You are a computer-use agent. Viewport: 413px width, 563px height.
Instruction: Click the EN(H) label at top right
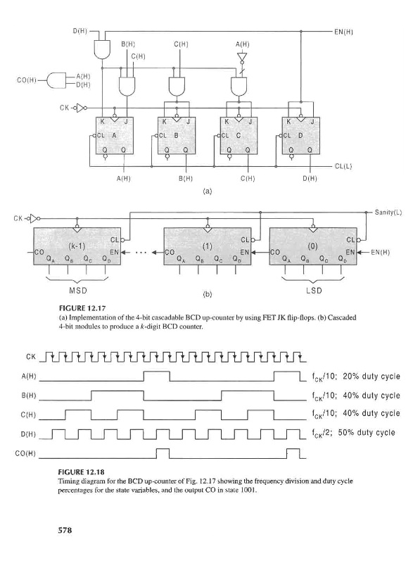(343, 32)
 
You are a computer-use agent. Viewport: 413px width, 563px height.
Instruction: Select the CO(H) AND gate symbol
(57, 80)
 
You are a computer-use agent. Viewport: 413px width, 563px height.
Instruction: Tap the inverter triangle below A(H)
(242, 57)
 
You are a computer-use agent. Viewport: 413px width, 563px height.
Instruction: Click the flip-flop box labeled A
(115, 136)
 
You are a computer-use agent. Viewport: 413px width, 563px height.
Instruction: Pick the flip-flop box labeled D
(300, 136)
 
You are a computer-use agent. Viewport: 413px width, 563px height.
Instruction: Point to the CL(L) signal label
(343, 167)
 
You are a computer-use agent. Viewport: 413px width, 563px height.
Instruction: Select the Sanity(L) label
(388, 213)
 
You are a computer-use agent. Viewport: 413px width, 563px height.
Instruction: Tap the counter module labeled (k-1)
(77, 246)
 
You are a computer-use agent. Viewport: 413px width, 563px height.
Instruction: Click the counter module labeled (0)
(313, 246)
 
